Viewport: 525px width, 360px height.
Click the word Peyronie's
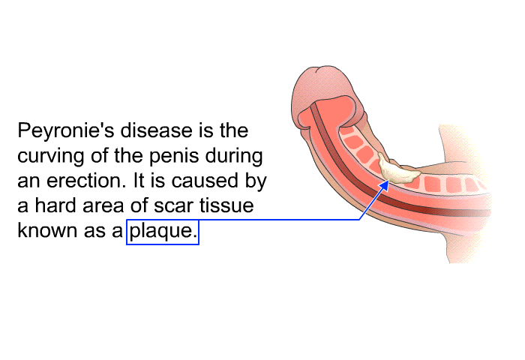[x=66, y=130]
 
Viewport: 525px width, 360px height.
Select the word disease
[x=157, y=130]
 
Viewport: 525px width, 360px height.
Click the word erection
[x=86, y=181]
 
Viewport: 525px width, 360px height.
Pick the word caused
[x=204, y=181]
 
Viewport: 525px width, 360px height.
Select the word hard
[x=55, y=205]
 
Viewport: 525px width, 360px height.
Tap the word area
[x=103, y=206]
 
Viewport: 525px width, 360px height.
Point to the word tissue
[x=226, y=205]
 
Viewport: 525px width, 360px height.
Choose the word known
[x=47, y=231]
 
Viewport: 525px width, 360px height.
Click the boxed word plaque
[x=163, y=232]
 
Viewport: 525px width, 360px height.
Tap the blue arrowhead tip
[x=388, y=181]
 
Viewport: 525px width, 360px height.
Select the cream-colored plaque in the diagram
[x=398, y=170]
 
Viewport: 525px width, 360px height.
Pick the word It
[x=139, y=181]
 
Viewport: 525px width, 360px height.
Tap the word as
[x=91, y=232]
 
